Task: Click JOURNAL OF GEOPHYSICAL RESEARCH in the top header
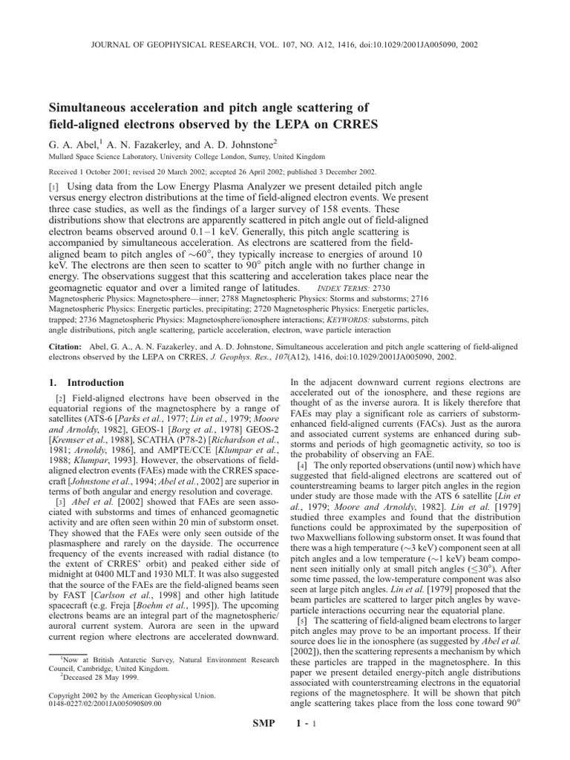tap(172, 45)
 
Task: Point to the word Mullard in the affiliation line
tap(62, 157)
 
